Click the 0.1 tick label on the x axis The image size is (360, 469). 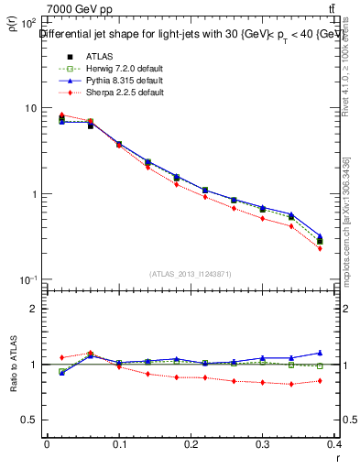click(x=119, y=445)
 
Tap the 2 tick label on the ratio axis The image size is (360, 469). click(x=33, y=309)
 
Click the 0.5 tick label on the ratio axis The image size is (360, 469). click(x=30, y=420)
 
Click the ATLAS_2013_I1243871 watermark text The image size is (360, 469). click(x=191, y=274)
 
